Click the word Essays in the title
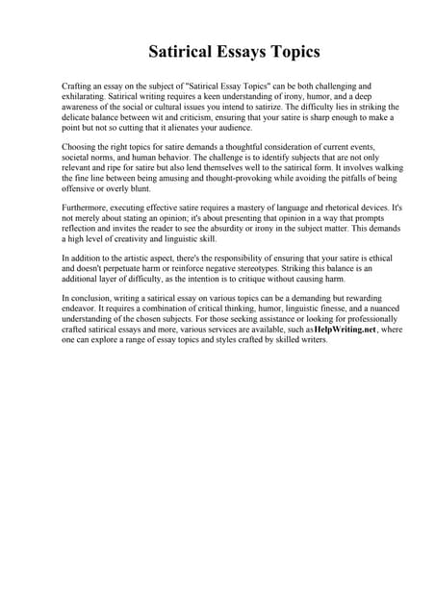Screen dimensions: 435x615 pyautogui.click(x=230, y=51)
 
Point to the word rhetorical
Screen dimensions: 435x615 pyautogui.click(x=304, y=209)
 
